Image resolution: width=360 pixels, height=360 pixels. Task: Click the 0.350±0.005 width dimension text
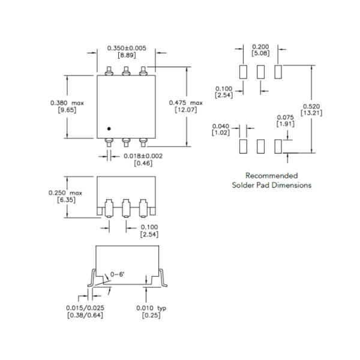[x=126, y=47]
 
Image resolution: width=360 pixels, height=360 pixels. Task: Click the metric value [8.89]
[x=126, y=55]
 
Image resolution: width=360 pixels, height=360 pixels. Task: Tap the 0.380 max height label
[x=67, y=103]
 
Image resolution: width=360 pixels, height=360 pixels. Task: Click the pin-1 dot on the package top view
[x=109, y=128]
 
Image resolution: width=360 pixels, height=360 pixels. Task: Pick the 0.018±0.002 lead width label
[x=142, y=156]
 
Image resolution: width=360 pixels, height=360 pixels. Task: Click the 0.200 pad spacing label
[x=260, y=46]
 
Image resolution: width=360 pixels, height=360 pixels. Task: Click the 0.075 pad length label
[x=284, y=117]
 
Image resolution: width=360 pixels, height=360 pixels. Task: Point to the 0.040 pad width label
[x=221, y=125]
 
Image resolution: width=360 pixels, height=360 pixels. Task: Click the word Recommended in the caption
[x=271, y=175]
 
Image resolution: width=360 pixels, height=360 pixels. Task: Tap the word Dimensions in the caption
[x=292, y=185]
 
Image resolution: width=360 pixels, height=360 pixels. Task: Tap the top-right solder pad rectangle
[x=278, y=71]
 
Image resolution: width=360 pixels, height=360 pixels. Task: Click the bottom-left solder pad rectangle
[x=243, y=146]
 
